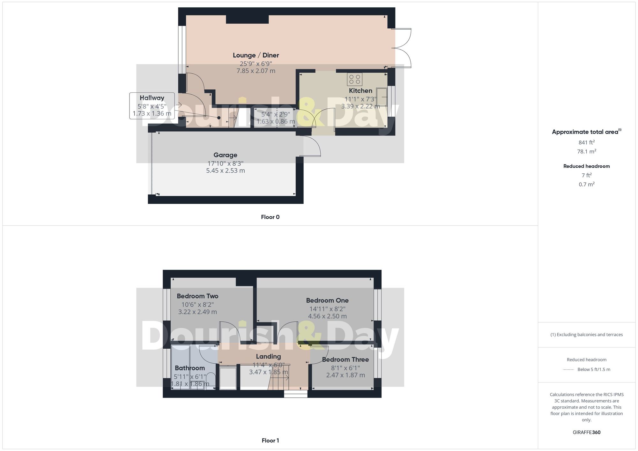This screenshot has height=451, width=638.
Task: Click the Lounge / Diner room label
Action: tap(256, 55)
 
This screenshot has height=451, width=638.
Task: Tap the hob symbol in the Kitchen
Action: tap(355, 79)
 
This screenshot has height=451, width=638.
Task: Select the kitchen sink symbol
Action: tap(382, 97)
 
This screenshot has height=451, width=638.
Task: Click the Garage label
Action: tap(225, 155)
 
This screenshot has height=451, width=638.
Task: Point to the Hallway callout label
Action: tap(152, 98)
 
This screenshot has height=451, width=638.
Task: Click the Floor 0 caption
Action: tap(270, 217)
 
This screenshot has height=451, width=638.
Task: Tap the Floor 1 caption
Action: tap(270, 440)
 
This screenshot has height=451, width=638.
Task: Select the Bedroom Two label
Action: tap(197, 296)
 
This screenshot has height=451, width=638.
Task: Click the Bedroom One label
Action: tap(327, 300)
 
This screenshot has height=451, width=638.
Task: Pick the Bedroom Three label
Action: tap(345, 360)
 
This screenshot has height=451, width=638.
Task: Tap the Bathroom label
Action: tap(190, 368)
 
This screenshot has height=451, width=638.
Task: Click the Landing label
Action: tap(268, 357)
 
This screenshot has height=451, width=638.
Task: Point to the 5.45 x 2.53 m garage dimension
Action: tap(225, 171)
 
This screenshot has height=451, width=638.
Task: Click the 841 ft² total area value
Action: tap(586, 142)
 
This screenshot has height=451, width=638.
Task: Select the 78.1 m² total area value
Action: tap(586, 151)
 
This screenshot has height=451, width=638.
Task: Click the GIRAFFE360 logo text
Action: tap(586, 432)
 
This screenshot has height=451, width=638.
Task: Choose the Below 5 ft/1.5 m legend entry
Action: tap(593, 369)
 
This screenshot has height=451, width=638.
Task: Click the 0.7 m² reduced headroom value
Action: tap(586, 184)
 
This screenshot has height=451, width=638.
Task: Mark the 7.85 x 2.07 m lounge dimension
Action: tap(256, 71)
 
